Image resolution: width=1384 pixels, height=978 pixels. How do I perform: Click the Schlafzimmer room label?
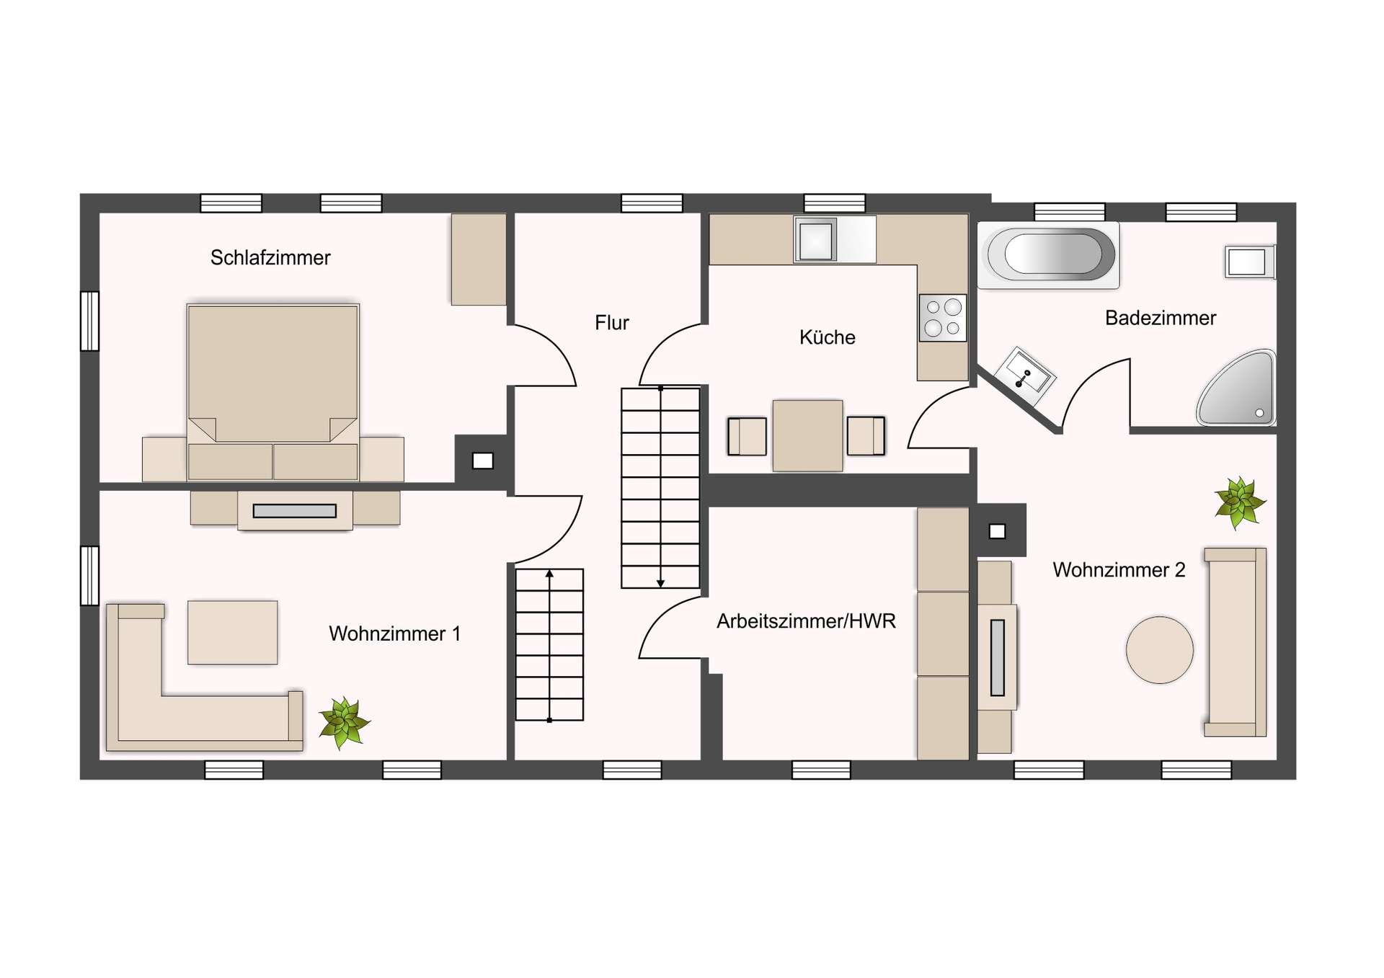tap(270, 258)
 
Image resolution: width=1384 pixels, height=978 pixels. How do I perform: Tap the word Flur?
tap(612, 323)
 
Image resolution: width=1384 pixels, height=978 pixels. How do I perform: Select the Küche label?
tap(828, 337)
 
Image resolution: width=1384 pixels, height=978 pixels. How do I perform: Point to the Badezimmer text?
tap(1161, 318)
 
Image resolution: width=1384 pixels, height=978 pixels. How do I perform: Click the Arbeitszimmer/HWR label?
tap(806, 621)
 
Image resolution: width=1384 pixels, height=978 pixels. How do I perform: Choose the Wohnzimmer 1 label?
tap(394, 634)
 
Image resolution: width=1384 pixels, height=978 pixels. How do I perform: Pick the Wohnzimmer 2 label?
tap(1119, 570)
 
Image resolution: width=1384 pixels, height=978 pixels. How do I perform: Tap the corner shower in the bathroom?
tap(1237, 388)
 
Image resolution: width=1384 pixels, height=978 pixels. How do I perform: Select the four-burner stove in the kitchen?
tap(943, 318)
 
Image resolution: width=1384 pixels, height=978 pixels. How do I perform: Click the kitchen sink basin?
tap(815, 239)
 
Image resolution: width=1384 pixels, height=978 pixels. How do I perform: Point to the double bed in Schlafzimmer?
tap(272, 392)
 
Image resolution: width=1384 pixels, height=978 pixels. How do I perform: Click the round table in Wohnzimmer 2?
tap(1160, 649)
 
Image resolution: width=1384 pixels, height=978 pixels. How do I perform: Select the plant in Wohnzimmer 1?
tap(345, 722)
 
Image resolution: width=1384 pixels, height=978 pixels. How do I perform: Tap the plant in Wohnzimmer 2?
tap(1240, 502)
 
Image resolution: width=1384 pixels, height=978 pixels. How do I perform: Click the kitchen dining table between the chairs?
tap(807, 436)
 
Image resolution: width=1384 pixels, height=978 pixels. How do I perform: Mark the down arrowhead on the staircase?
tap(660, 583)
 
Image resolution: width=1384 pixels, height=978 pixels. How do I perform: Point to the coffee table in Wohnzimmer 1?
tap(233, 633)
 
